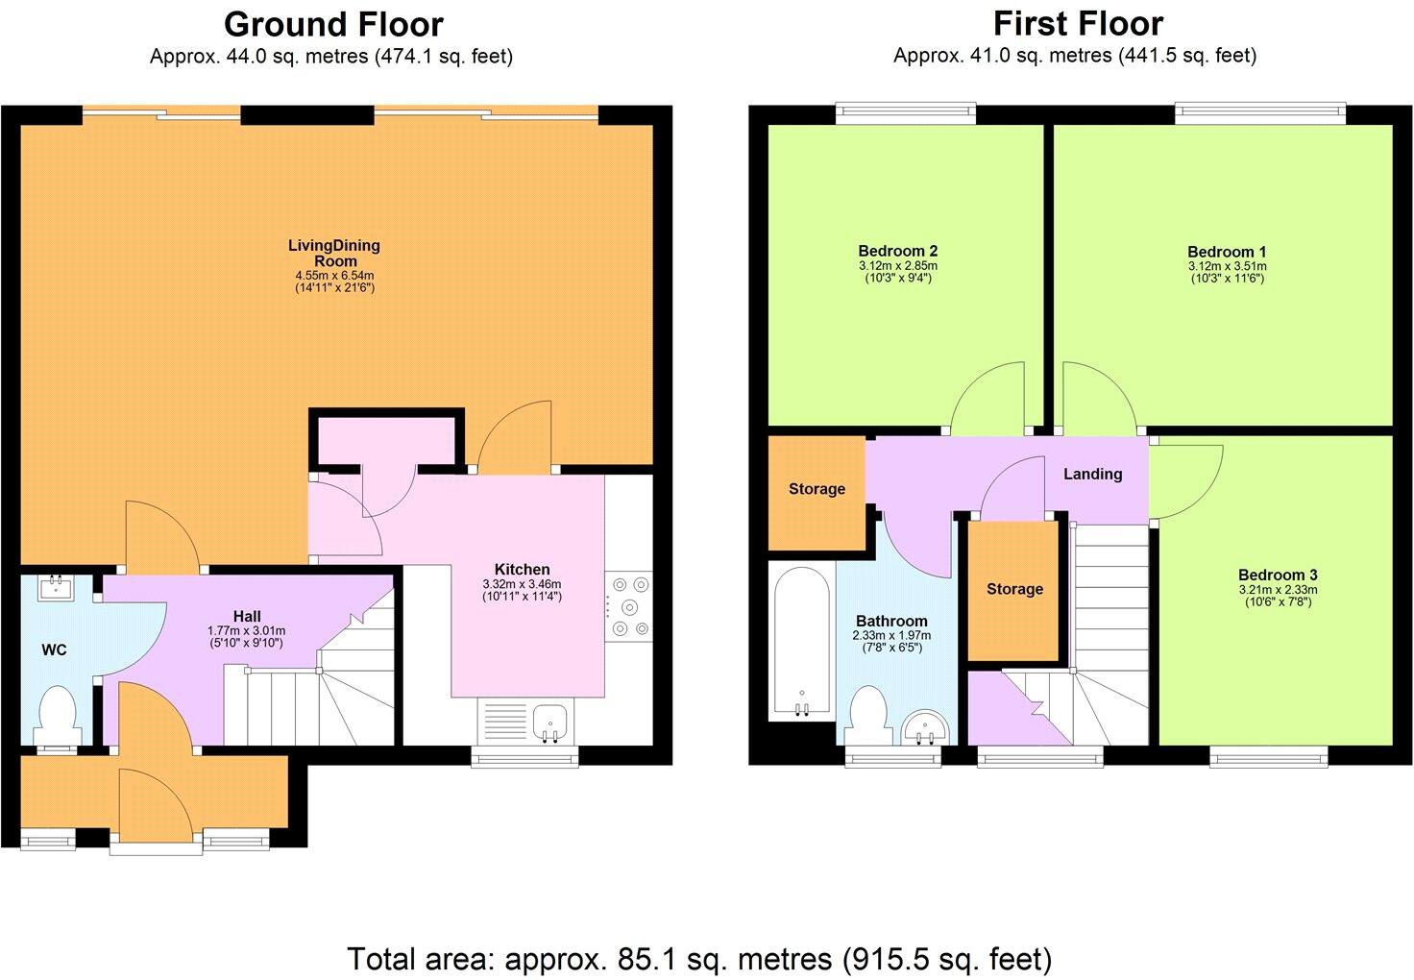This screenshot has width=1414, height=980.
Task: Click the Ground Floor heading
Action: tap(333, 23)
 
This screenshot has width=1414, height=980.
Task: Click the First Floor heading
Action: tap(1078, 23)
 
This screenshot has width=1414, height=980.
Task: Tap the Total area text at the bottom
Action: tap(698, 958)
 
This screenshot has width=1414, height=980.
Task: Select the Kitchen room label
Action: tap(522, 569)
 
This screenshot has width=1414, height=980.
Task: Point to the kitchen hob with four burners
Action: tap(628, 606)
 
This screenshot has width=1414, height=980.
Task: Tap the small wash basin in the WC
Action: tap(57, 585)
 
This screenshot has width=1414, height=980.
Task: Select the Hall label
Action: tap(247, 616)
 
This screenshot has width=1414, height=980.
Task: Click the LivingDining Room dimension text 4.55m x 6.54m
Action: tap(334, 276)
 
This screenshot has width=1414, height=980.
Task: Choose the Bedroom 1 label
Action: tap(1227, 252)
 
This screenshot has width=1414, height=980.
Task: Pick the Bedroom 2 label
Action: tap(897, 252)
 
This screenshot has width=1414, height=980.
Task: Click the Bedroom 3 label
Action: tap(1277, 576)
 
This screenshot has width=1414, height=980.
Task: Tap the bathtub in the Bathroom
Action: tap(802, 642)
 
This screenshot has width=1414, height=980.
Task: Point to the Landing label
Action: tap(1092, 474)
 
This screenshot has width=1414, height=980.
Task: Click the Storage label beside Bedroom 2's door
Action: tap(817, 489)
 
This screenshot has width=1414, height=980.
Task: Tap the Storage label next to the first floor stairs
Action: tap(1014, 589)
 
